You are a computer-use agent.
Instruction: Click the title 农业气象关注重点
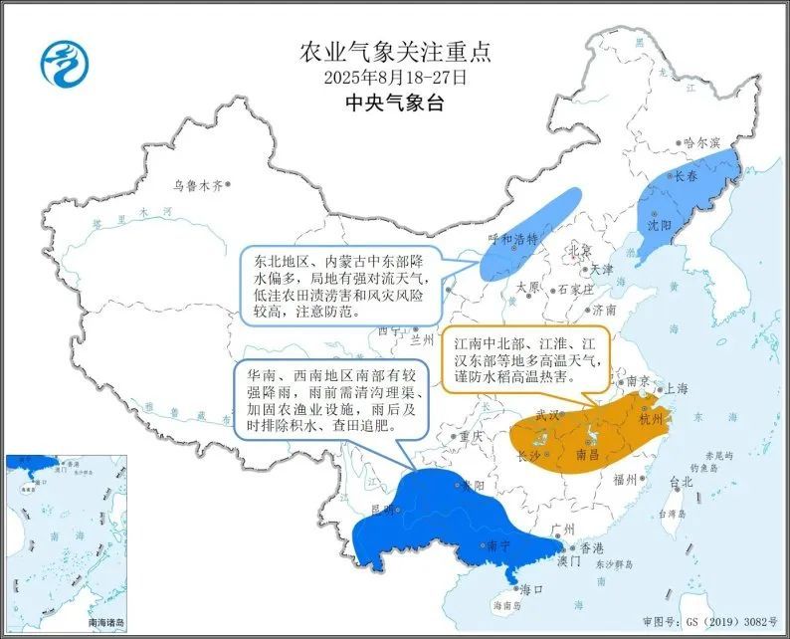395,51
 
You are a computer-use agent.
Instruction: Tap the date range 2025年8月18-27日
395,77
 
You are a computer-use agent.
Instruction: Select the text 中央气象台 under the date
395,103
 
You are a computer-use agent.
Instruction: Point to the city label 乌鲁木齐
194,185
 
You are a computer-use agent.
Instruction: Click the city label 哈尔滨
701,143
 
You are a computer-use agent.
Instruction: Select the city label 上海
677,388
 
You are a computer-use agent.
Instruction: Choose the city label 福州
626,480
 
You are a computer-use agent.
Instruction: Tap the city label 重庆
470,436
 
